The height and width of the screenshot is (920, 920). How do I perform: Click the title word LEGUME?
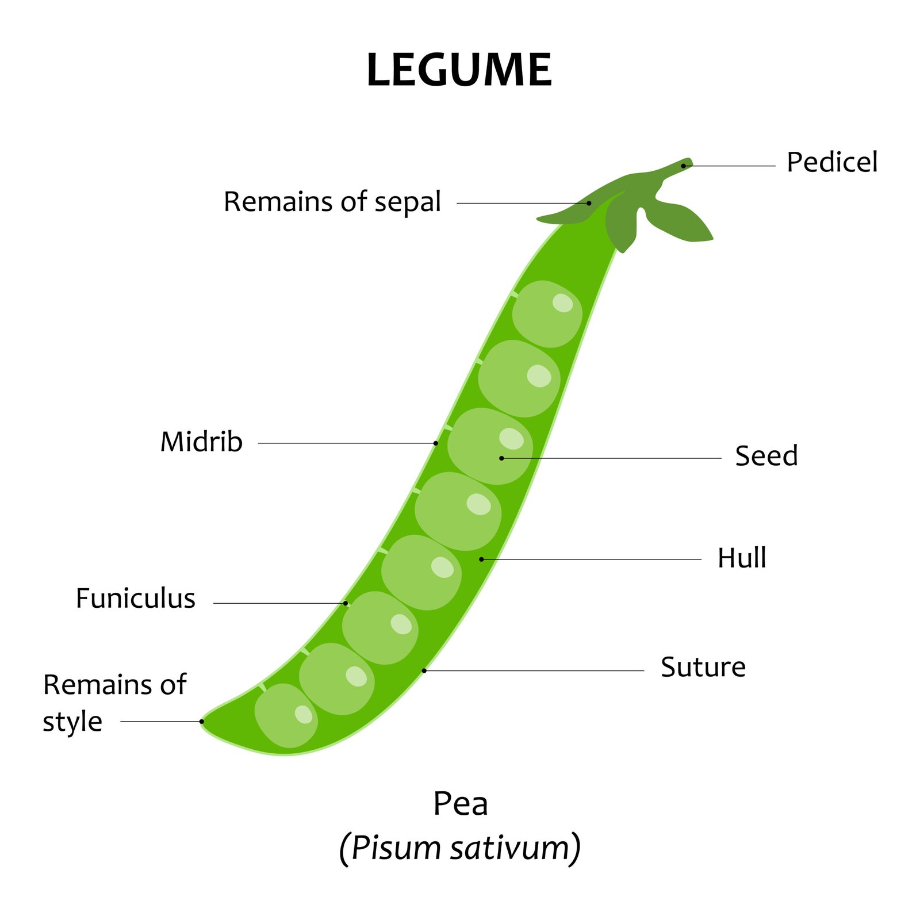tap(459, 70)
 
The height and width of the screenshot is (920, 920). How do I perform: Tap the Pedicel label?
tap(831, 162)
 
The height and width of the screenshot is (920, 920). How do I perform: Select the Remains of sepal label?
tap(332, 202)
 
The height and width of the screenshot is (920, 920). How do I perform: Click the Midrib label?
tap(201, 442)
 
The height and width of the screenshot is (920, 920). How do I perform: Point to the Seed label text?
tap(766, 456)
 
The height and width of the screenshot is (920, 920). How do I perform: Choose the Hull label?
tap(742, 558)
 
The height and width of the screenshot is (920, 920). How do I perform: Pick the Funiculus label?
tap(136, 599)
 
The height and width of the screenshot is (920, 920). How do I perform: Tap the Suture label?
tap(703, 668)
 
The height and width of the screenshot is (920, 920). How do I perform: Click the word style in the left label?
tap(72, 722)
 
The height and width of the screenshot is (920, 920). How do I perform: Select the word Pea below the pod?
tap(460, 803)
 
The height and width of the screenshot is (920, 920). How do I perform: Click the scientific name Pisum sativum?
tap(460, 848)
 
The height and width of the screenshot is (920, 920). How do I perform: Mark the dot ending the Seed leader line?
tap(501, 458)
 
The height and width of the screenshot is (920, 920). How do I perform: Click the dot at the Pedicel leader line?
tap(684, 166)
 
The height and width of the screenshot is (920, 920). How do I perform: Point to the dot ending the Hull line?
tap(481, 559)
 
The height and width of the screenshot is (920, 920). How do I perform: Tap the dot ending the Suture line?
tap(424, 670)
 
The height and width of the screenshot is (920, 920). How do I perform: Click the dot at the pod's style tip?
tap(202, 721)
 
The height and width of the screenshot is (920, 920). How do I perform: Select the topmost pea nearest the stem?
tap(547, 314)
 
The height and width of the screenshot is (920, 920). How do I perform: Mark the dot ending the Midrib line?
tap(436, 443)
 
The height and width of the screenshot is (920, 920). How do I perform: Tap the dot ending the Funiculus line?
tap(346, 603)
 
